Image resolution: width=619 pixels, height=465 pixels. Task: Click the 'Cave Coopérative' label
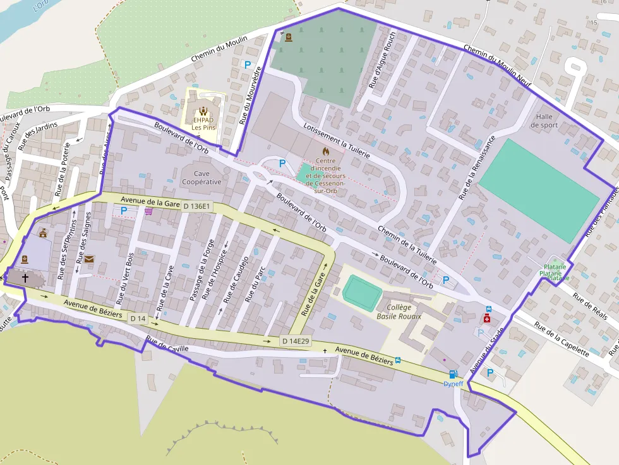(201, 177)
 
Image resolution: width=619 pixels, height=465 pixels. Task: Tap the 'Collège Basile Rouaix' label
(398, 312)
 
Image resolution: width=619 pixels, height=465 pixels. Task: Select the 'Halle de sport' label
(544, 121)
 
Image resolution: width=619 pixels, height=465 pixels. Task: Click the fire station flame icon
(325, 152)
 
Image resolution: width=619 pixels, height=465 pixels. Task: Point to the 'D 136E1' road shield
(197, 206)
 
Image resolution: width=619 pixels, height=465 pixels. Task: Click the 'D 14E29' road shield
(296, 341)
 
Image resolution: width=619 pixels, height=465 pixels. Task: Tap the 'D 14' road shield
(138, 319)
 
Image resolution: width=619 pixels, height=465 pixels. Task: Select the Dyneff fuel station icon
(452, 374)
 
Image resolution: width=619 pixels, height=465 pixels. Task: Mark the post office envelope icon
(89, 259)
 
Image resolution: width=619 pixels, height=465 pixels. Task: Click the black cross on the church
(25, 277)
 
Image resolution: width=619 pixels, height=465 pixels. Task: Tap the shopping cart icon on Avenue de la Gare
(148, 211)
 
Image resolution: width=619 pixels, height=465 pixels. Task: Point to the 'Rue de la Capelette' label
(562, 339)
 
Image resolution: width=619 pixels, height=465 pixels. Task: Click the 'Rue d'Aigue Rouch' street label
(382, 59)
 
